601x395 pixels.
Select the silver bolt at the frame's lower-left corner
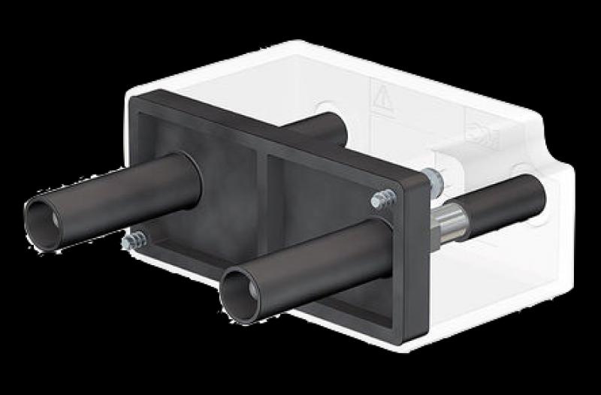click(134, 241)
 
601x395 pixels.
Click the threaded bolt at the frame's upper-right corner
click(383, 199)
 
